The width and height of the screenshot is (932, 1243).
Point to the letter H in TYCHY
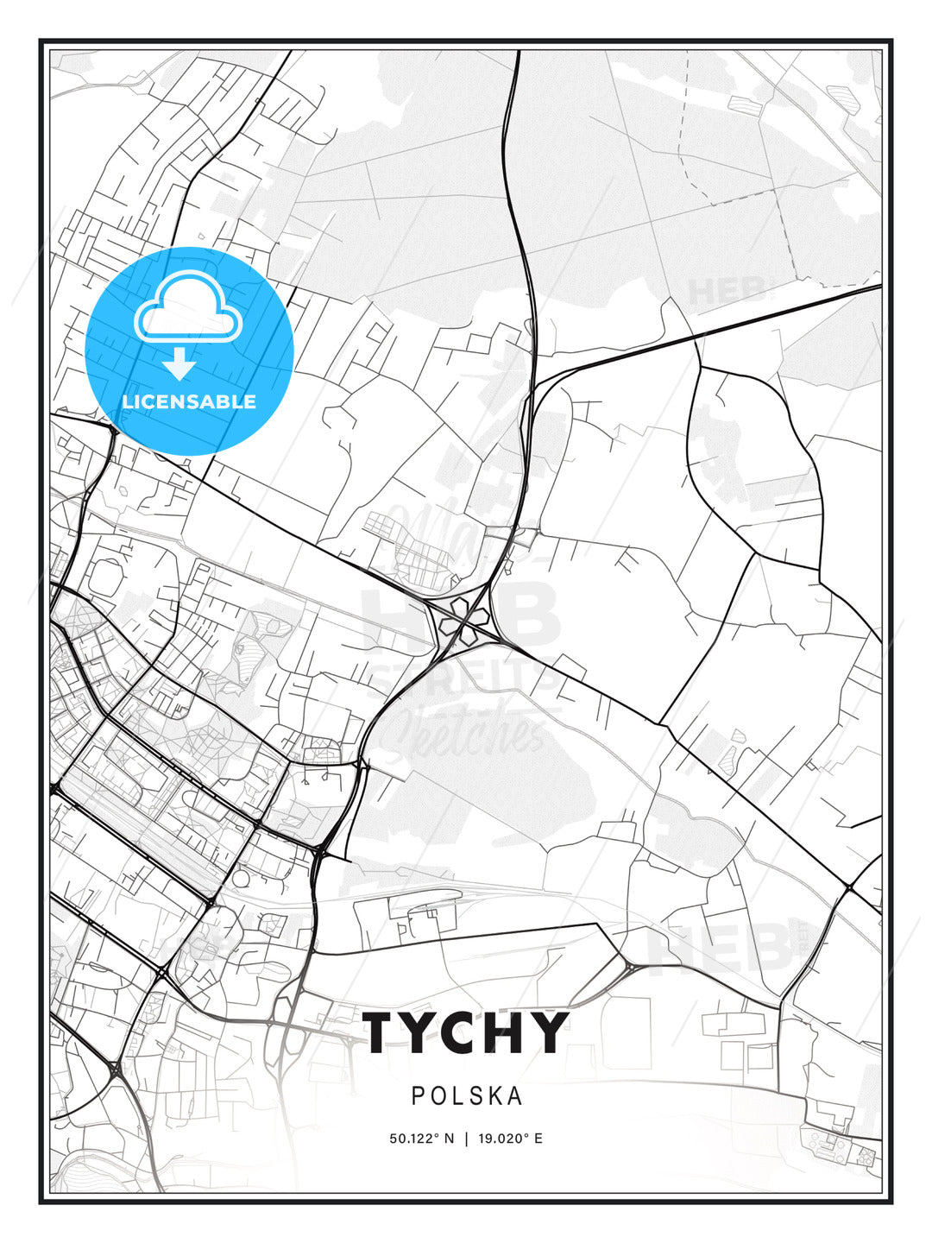tap(510, 1032)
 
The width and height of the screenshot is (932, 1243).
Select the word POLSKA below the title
tap(467, 1095)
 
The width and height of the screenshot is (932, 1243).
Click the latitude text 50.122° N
tap(422, 1139)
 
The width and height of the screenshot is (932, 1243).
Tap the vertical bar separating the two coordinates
tap(466, 1139)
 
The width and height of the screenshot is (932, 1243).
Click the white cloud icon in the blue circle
tap(189, 306)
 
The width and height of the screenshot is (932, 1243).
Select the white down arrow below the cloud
tap(180, 364)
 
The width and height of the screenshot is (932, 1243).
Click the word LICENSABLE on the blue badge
tap(189, 401)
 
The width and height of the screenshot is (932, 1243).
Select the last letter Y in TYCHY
tap(551, 1032)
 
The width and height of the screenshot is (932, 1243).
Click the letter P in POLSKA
tap(418, 1095)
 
